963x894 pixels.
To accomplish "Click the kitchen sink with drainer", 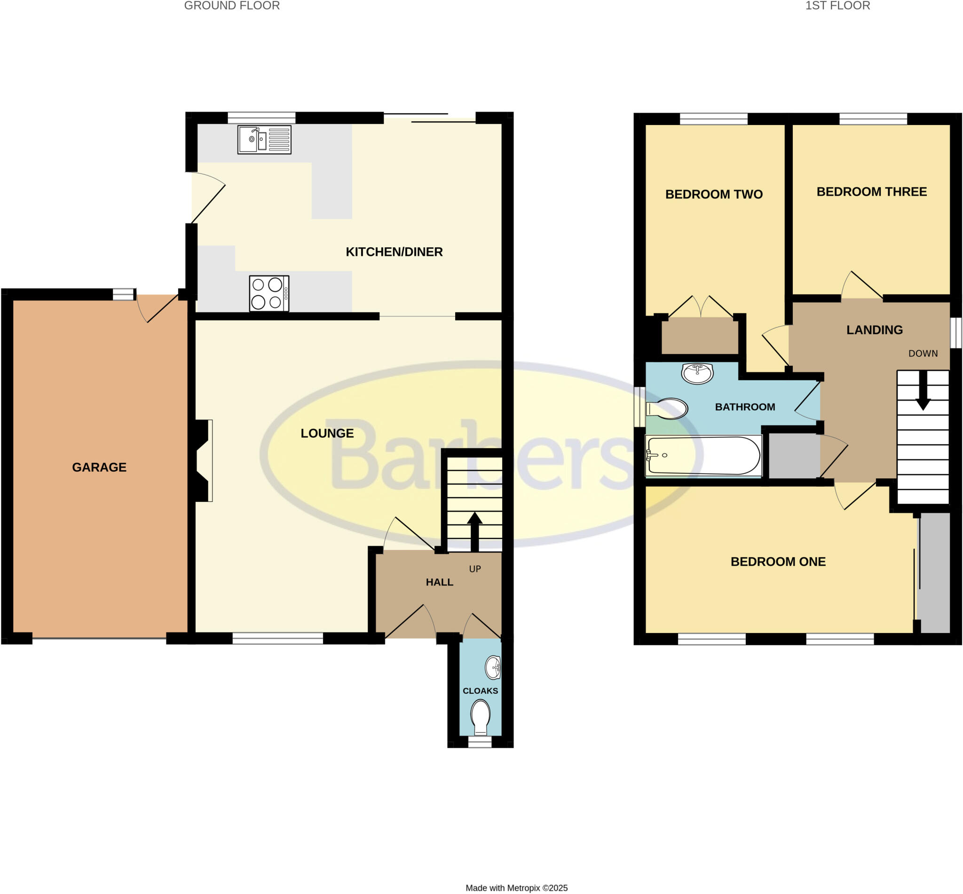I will pyautogui.click(x=264, y=140).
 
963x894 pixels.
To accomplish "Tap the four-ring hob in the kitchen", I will pyautogui.click(x=269, y=293).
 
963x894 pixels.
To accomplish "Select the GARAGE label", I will pyautogui.click(x=99, y=467).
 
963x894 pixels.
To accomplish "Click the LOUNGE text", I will pyautogui.click(x=327, y=434).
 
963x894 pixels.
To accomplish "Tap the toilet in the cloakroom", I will pyautogui.click(x=480, y=716).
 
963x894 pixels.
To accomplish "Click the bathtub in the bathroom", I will pyautogui.click(x=703, y=456).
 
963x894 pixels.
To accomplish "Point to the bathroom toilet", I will pyautogui.click(x=669, y=409).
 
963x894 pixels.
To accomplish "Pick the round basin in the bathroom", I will pyautogui.click(x=697, y=373).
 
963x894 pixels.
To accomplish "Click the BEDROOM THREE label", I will pyautogui.click(x=872, y=192).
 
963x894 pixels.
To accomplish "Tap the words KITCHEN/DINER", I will pyautogui.click(x=394, y=252).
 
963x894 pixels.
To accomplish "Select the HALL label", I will pyautogui.click(x=439, y=583).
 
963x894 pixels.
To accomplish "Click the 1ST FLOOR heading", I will pyautogui.click(x=837, y=6).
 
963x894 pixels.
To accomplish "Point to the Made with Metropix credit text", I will pyautogui.click(x=516, y=888).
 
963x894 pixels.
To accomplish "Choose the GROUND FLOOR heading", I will pyautogui.click(x=232, y=6).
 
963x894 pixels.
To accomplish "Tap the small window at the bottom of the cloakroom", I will pyautogui.click(x=480, y=742).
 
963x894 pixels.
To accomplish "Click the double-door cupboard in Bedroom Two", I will pyautogui.click(x=700, y=336).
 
